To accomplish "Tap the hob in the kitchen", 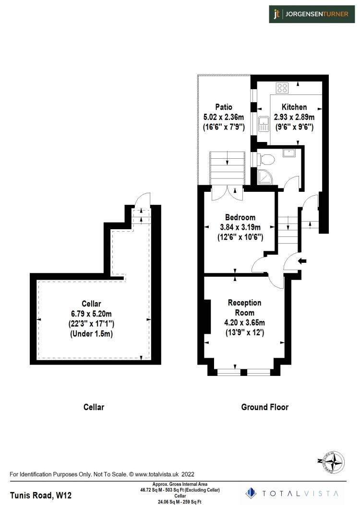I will (x=282, y=88).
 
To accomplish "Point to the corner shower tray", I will (x=264, y=177).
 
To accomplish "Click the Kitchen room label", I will (x=294, y=107).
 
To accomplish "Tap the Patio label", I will (x=224, y=107).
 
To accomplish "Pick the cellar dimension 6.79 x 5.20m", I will (x=92, y=313).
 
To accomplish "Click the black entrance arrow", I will (x=302, y=261).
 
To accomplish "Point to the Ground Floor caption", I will (x=264, y=407).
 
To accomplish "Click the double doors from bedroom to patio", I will (x=227, y=192).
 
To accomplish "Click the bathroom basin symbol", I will (x=289, y=153).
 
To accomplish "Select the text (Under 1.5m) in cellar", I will (x=92, y=334).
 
